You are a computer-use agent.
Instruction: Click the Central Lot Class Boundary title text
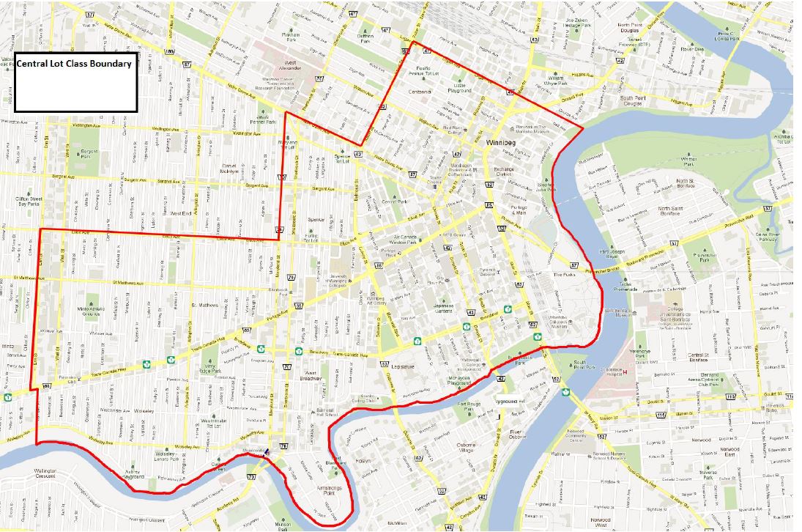tap(74, 64)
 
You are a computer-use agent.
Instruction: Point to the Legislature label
tap(404, 366)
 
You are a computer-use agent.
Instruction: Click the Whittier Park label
tap(688, 161)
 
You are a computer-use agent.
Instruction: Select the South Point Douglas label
tap(636, 101)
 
